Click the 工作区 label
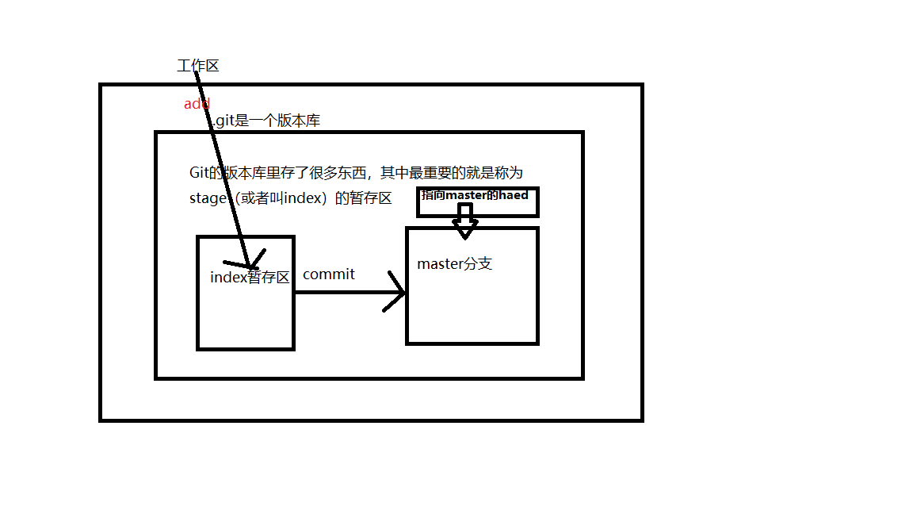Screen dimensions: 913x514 pyautogui.click(x=197, y=66)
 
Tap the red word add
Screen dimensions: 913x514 pyautogui.click(x=197, y=104)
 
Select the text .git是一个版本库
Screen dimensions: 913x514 pyautogui.click(x=265, y=121)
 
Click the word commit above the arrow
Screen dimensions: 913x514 pyautogui.click(x=329, y=274)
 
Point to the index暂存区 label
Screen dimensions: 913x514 pyautogui.click(x=250, y=278)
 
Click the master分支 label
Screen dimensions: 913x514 pyautogui.click(x=455, y=263)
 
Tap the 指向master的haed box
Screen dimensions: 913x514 pyautogui.click(x=478, y=201)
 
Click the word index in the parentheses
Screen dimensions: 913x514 pyautogui.click(x=301, y=198)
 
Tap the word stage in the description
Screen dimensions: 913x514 pyautogui.click(x=208, y=199)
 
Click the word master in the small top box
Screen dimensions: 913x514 pyautogui.click(x=464, y=195)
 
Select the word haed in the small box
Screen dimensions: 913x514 pyautogui.click(x=514, y=195)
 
